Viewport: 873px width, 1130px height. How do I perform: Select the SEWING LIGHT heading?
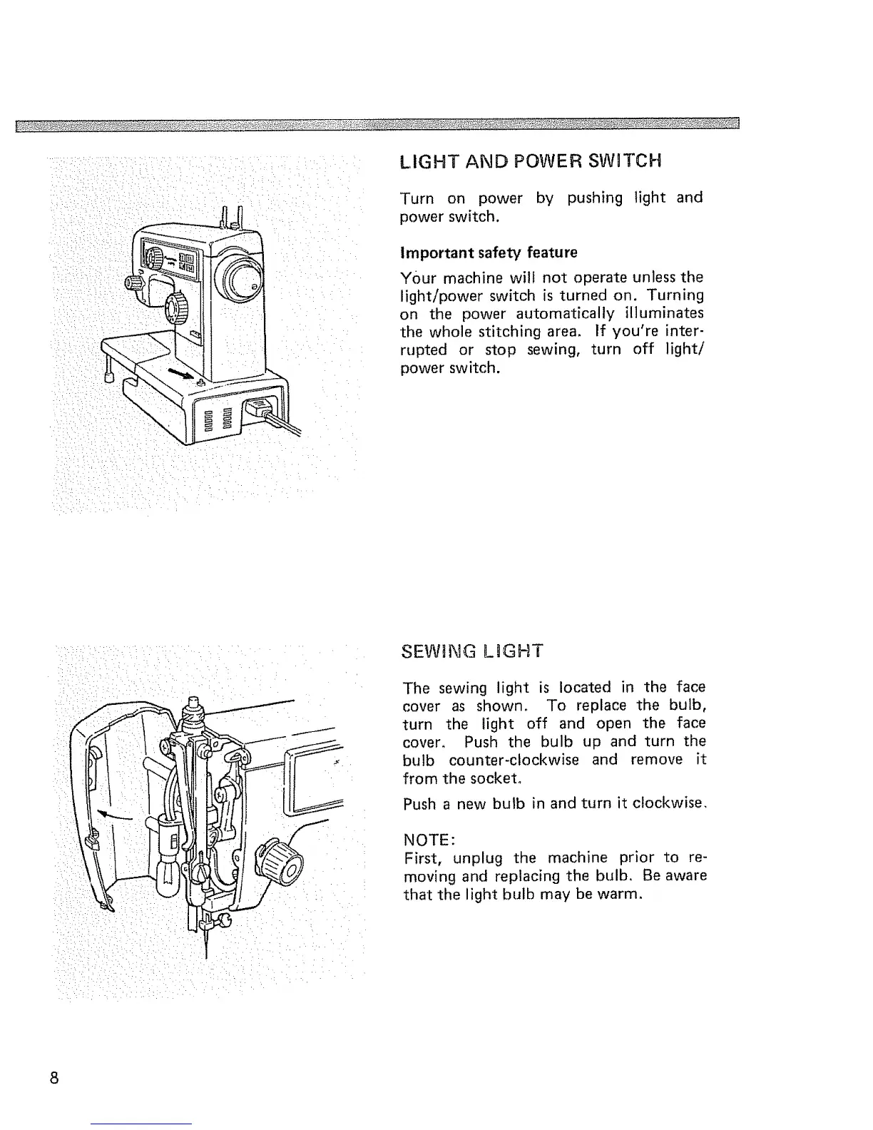[x=472, y=651]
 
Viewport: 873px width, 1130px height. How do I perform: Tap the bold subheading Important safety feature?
[x=489, y=253]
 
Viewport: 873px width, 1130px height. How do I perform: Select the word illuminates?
[x=665, y=314]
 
